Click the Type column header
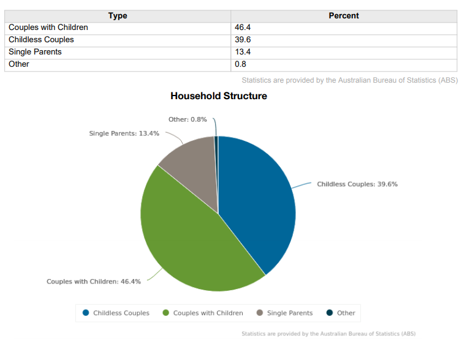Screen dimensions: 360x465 [x=118, y=15]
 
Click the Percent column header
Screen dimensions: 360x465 [x=344, y=15]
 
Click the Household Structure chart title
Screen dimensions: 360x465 [x=219, y=96]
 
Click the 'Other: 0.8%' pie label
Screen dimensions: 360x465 [x=187, y=119]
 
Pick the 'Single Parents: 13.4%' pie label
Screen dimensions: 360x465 [x=124, y=133]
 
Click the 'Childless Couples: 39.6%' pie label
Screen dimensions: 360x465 [x=357, y=184]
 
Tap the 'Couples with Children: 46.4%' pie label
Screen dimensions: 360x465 [x=94, y=282]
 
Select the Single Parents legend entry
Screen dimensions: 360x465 [x=289, y=313]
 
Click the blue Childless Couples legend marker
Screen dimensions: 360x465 [x=86, y=313]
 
